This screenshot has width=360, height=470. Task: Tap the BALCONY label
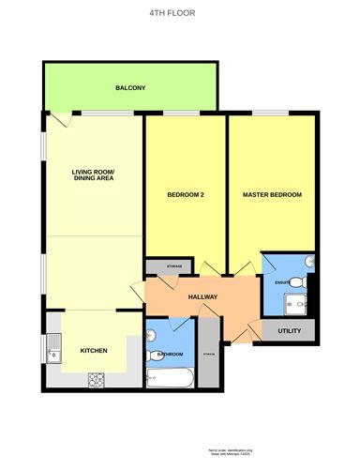coord(130,88)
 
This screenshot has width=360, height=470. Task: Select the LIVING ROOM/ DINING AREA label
coord(93,175)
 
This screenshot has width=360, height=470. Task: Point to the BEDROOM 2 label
coord(186,195)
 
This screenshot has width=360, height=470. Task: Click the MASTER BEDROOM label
coord(272,195)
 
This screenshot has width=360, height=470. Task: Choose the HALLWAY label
coord(203,297)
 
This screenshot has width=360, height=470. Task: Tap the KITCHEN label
coord(94,351)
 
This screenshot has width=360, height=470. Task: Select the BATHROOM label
coord(170,355)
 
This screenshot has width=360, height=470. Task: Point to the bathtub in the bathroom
coord(170,380)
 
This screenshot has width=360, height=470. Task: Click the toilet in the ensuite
coord(297,282)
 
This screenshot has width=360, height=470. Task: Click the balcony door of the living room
coord(61,120)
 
